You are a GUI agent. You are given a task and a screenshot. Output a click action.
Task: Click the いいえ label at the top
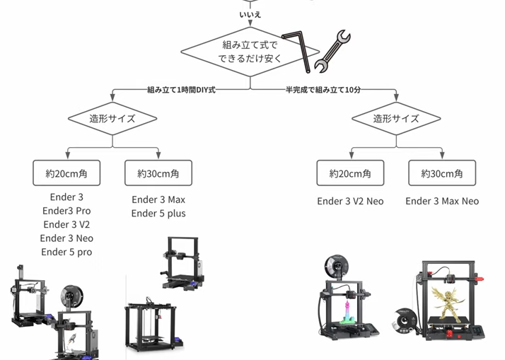pyautogui.click(x=250, y=14)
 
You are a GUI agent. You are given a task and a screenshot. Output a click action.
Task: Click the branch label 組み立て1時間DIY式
pyautogui.click(x=181, y=91)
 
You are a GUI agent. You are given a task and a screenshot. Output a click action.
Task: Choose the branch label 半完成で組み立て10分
pyautogui.click(x=323, y=91)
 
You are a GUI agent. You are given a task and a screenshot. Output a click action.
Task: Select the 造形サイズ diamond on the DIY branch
pyautogui.click(x=112, y=119)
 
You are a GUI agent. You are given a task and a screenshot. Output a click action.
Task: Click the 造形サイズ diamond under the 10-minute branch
pyautogui.click(x=396, y=119)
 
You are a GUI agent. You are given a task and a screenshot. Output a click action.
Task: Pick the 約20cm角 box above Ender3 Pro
pyautogui.click(x=66, y=173)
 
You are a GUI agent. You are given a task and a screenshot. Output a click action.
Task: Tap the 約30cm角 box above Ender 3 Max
pyautogui.click(x=158, y=173)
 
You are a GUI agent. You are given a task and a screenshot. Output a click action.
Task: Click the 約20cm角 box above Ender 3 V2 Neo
pyautogui.click(x=350, y=173)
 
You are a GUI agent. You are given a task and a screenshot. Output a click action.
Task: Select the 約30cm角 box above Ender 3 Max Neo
pyautogui.click(x=442, y=173)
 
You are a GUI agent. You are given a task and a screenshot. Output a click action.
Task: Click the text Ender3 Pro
pyautogui.click(x=66, y=211)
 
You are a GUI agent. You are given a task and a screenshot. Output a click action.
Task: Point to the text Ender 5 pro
pyautogui.click(x=66, y=252)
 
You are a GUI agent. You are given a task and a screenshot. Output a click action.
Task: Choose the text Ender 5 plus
pyautogui.click(x=158, y=214)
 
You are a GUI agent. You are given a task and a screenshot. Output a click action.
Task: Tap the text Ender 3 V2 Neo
pyautogui.click(x=350, y=202)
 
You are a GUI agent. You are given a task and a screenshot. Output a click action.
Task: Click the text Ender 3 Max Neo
pyautogui.click(x=442, y=202)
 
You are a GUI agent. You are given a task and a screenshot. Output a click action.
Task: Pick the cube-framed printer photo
pyautogui.click(x=151, y=326)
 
